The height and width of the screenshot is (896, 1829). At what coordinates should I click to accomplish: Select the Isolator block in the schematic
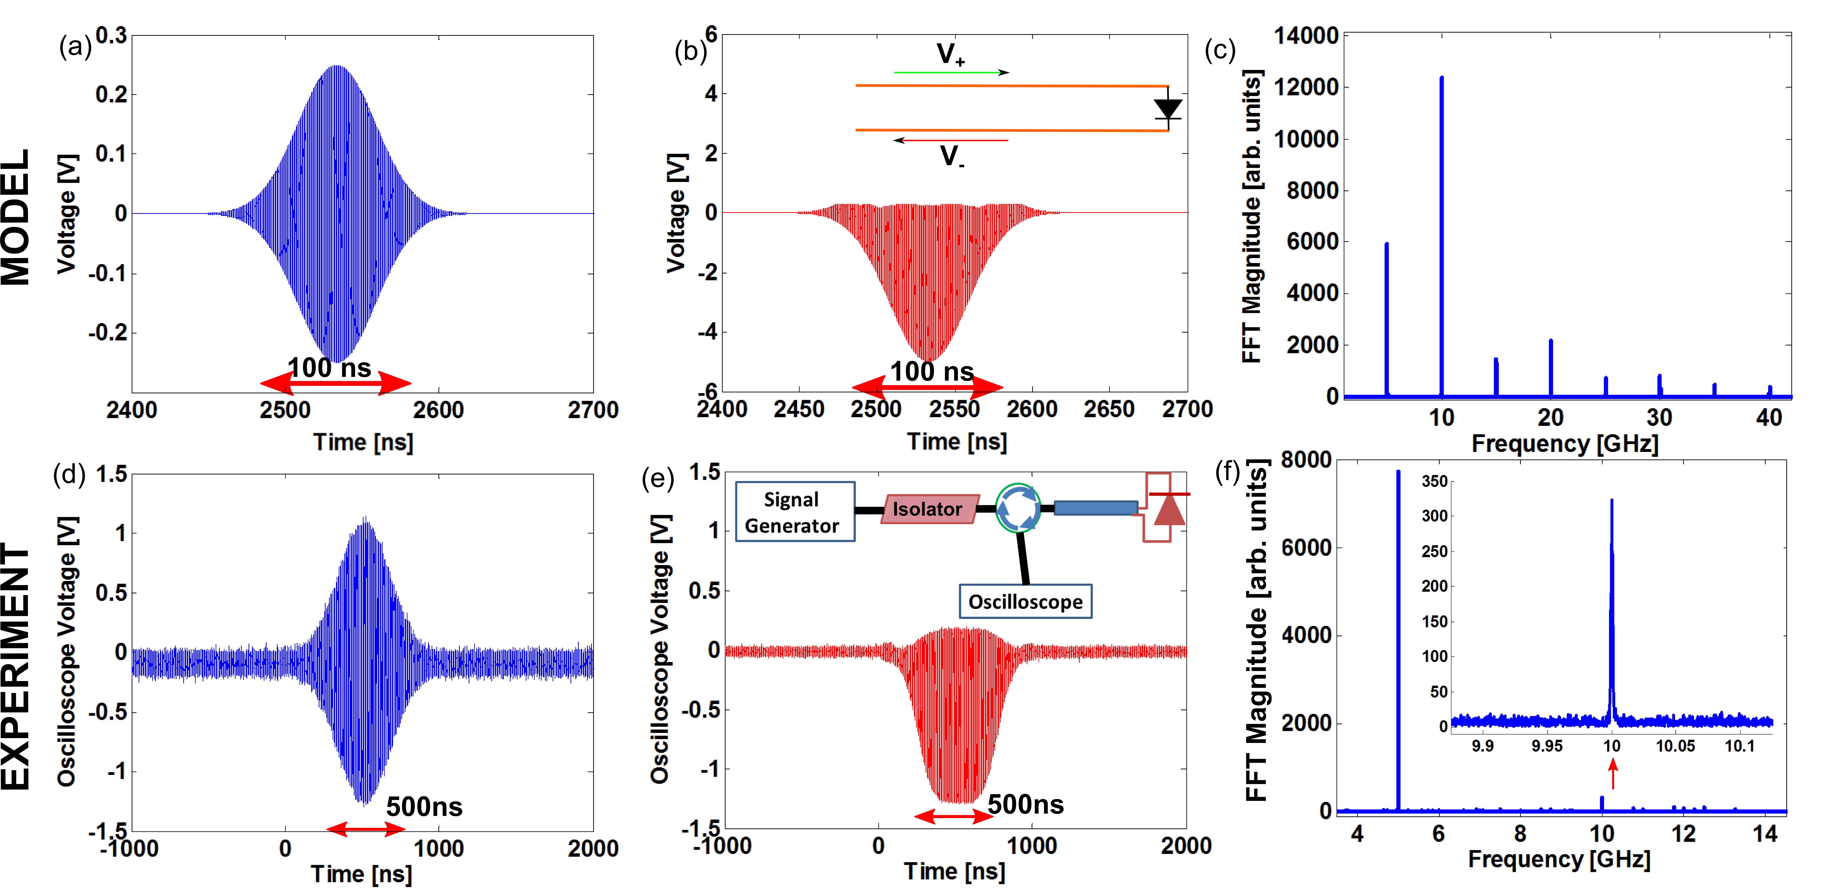(928, 509)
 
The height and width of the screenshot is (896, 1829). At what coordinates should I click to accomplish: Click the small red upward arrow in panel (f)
(1613, 774)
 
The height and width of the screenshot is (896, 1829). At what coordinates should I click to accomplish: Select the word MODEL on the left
(16, 217)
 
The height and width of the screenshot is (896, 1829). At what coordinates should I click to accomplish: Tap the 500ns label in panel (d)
(424, 806)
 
